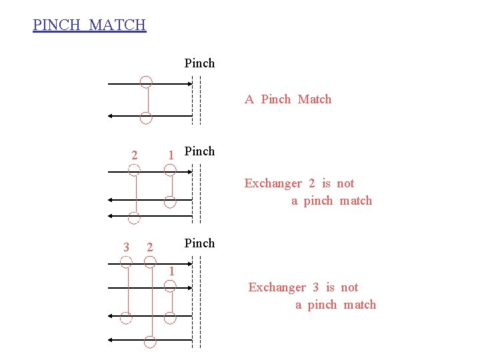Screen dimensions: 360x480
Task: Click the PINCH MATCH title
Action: click(x=89, y=25)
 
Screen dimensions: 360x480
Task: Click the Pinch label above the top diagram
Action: click(x=199, y=63)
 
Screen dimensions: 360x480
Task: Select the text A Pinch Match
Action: click(x=288, y=99)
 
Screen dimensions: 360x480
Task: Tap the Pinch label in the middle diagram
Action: click(x=199, y=151)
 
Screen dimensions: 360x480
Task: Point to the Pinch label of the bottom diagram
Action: click(x=199, y=243)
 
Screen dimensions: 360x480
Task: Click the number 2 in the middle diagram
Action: click(x=134, y=155)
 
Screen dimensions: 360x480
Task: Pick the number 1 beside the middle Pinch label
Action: click(x=171, y=155)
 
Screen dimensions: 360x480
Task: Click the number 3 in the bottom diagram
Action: click(x=126, y=247)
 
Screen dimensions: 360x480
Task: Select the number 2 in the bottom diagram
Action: click(x=150, y=247)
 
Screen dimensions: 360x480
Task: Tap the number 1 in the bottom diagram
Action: click(x=171, y=271)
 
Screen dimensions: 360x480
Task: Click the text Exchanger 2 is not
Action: click(x=299, y=183)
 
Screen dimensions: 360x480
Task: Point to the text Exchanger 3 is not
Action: click(x=303, y=287)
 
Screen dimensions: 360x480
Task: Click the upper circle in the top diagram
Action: click(x=146, y=82)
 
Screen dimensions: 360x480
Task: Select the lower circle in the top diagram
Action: click(x=146, y=119)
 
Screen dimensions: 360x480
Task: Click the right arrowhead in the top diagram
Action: click(x=188, y=84)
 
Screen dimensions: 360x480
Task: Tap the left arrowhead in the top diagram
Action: click(x=112, y=116)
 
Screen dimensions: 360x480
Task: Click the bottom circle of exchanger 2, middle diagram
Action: click(x=134, y=217)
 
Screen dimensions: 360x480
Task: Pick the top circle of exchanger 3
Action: click(x=126, y=262)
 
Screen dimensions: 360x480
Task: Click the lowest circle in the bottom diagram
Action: click(x=150, y=342)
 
